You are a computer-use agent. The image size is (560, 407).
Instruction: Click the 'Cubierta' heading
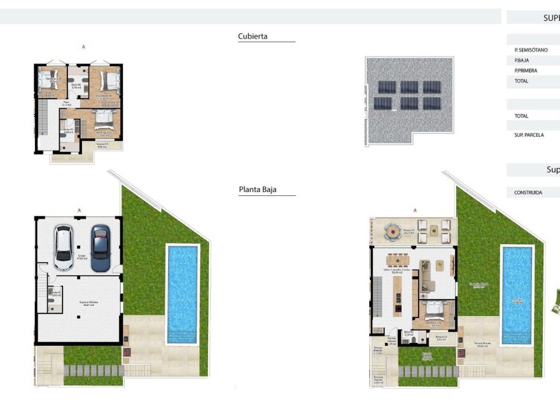[x=253, y=36]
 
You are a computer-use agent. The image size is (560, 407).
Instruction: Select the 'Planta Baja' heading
[x=258, y=190]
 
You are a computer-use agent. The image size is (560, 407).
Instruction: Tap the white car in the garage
[x=64, y=247]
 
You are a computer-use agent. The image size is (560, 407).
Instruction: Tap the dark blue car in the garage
[x=101, y=247]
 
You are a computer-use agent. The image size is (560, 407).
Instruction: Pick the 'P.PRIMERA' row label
[x=526, y=71]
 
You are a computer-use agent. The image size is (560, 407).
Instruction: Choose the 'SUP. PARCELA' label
[x=529, y=135]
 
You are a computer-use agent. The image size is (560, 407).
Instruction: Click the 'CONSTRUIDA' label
[x=528, y=192]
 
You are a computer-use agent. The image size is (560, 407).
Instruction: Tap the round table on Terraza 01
[x=393, y=231]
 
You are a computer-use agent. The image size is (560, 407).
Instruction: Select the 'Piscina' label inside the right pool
[x=517, y=302]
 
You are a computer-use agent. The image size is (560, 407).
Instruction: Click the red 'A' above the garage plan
[x=80, y=210]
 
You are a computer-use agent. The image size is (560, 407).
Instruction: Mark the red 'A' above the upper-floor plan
[x=83, y=47]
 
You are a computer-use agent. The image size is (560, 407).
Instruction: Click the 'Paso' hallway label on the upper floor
[x=65, y=102]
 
